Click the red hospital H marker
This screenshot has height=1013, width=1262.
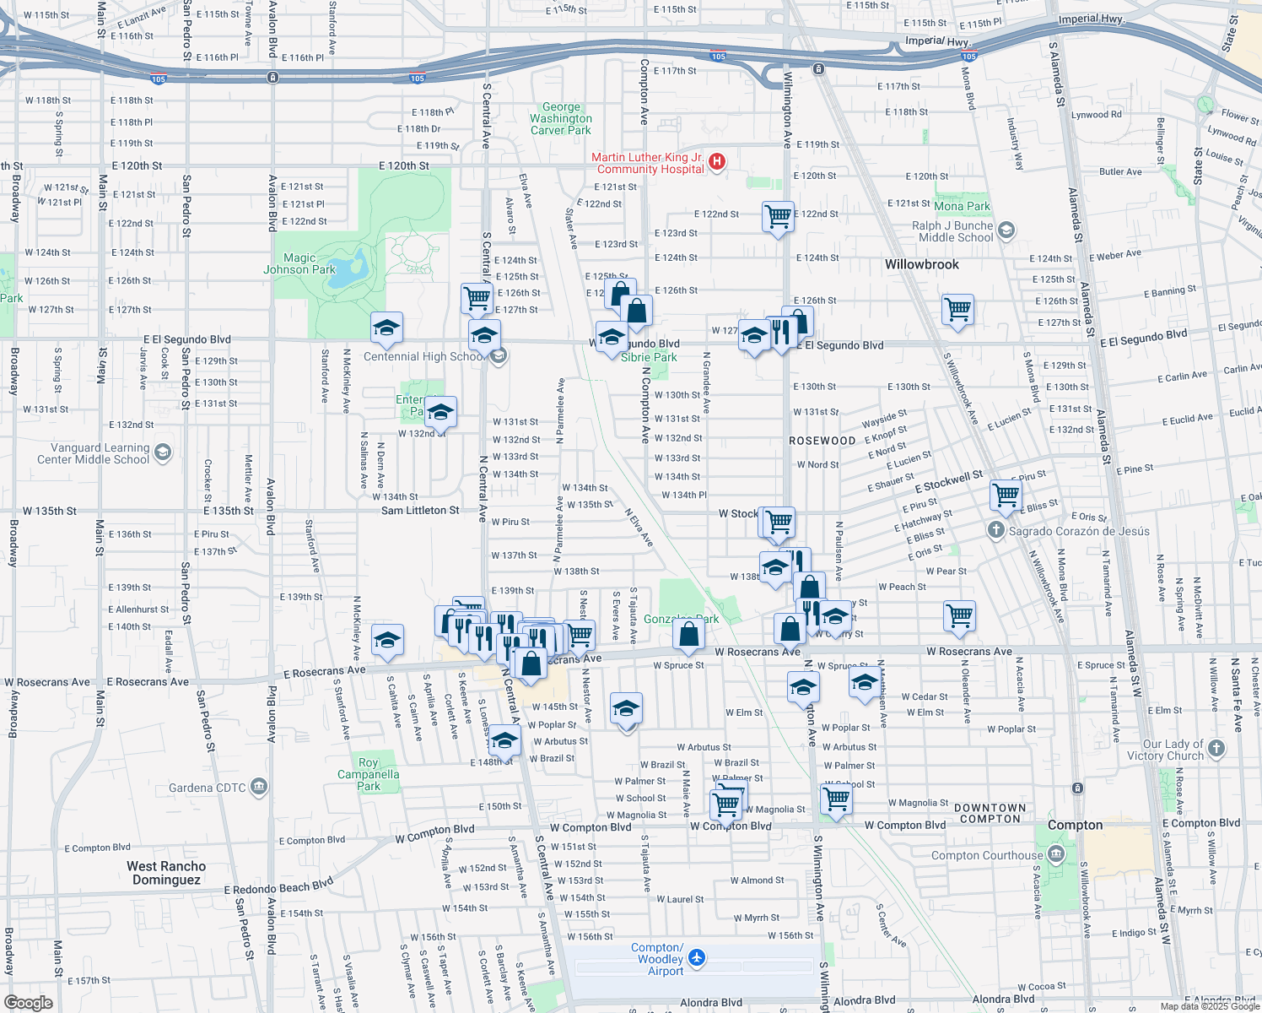click(x=717, y=161)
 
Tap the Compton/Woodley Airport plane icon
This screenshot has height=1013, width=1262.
click(x=697, y=958)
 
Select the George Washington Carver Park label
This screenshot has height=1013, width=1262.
click(x=561, y=119)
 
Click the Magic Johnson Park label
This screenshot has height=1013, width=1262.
click(x=299, y=264)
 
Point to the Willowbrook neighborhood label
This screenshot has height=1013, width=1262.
click(x=922, y=264)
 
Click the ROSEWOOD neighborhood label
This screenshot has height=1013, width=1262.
click(x=822, y=441)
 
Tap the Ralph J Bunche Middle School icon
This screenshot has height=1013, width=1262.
click(x=1006, y=230)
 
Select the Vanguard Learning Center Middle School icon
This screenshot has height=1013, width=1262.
click(x=163, y=452)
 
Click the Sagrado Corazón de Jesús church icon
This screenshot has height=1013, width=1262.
click(x=996, y=530)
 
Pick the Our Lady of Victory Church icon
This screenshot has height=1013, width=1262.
click(x=1216, y=748)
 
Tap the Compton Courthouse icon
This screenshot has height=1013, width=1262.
click(x=1055, y=855)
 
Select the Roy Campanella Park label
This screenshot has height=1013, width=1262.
click(x=369, y=774)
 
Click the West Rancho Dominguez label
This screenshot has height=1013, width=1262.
click(x=166, y=873)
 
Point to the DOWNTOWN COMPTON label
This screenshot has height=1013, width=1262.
click(x=990, y=813)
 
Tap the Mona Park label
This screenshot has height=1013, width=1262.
click(x=962, y=206)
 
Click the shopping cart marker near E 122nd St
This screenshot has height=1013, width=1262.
click(x=778, y=216)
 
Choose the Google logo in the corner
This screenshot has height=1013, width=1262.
click(x=29, y=1002)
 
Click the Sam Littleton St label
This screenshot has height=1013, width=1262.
click(x=420, y=511)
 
